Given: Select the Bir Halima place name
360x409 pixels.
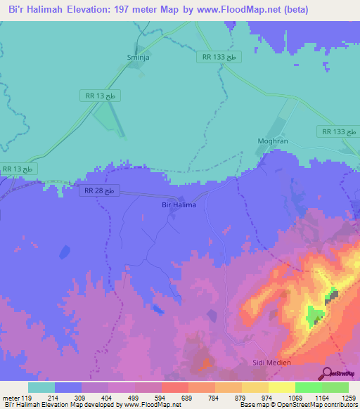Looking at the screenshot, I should (174, 204).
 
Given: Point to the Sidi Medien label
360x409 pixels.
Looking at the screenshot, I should (271, 363).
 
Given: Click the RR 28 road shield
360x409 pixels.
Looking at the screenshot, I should (103, 190).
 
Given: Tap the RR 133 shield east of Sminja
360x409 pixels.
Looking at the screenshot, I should (219, 57).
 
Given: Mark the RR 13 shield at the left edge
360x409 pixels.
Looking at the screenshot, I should (18, 169).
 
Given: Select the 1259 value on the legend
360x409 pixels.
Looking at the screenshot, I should (349, 398).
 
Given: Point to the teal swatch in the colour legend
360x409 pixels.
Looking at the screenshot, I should (41, 387).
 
